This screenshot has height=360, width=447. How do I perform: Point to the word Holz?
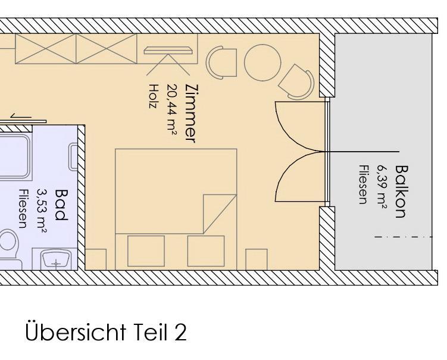154,96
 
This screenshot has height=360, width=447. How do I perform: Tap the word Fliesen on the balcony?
362,185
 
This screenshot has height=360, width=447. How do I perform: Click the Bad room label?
61,205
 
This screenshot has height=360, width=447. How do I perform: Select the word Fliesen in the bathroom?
23,209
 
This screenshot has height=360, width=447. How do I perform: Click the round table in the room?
262,62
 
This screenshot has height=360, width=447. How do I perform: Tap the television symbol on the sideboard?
168,51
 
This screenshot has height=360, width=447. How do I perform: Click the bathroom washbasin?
55,259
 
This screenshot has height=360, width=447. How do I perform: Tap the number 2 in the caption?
180,333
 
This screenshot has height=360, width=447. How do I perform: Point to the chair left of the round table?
221,62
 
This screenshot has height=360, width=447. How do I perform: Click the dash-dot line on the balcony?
404,237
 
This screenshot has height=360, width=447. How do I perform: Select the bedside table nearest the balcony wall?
257,259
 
